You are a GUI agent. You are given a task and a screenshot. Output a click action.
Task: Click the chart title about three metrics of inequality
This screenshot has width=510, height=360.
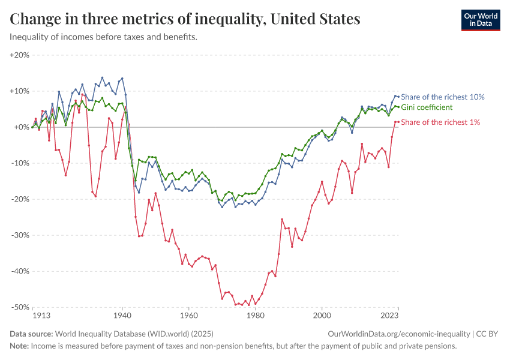[x=185, y=19]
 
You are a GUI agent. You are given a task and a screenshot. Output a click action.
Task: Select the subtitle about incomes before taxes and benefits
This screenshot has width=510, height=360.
[x=103, y=37]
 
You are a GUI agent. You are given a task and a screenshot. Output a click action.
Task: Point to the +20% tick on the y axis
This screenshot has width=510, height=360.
[x=20, y=55]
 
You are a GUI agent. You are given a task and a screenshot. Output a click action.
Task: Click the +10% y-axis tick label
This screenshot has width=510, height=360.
[x=20, y=91]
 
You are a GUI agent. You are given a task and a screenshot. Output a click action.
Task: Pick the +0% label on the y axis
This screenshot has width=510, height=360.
[x=22, y=127]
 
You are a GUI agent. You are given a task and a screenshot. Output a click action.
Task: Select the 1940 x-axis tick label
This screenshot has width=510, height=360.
[x=122, y=315]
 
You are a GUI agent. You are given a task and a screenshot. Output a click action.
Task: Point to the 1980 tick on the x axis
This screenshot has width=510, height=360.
[x=256, y=315]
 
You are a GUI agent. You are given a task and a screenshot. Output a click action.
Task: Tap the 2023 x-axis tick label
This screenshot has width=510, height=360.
[x=389, y=315]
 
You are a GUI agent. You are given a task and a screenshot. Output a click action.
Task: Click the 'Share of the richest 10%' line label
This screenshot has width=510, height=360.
[x=442, y=97]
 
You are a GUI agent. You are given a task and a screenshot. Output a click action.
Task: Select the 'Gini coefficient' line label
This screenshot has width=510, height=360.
[x=426, y=107]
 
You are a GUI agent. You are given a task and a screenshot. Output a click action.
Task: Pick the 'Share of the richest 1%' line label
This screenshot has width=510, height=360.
[x=440, y=122]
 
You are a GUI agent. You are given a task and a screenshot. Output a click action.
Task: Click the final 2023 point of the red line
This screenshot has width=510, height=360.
[x=398, y=122]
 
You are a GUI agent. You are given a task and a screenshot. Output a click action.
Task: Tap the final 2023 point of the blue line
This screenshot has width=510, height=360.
[x=398, y=97]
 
